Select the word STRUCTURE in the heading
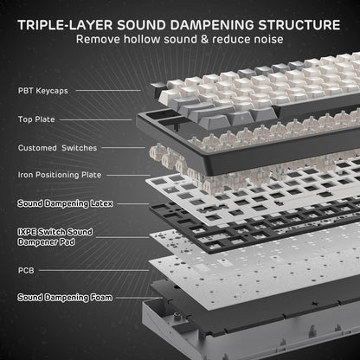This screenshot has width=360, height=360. (x=301, y=20)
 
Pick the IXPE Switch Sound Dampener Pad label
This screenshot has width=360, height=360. (x=56, y=236)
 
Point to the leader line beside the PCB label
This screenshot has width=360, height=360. (x=87, y=269)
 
